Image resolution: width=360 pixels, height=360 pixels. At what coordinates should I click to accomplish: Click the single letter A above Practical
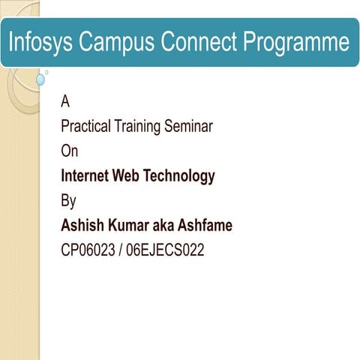[x=65, y=102]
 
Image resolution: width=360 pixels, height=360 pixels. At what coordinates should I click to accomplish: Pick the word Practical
[x=85, y=127]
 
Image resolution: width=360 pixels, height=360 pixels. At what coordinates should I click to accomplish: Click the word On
[x=69, y=151]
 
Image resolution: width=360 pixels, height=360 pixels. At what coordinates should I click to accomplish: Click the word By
[x=68, y=201]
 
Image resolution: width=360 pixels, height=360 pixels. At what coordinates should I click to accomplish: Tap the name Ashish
[x=81, y=225]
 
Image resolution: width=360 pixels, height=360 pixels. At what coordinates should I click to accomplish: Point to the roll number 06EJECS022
[x=165, y=250]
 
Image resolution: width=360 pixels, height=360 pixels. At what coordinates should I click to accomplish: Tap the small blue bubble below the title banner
[x=40, y=79]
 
